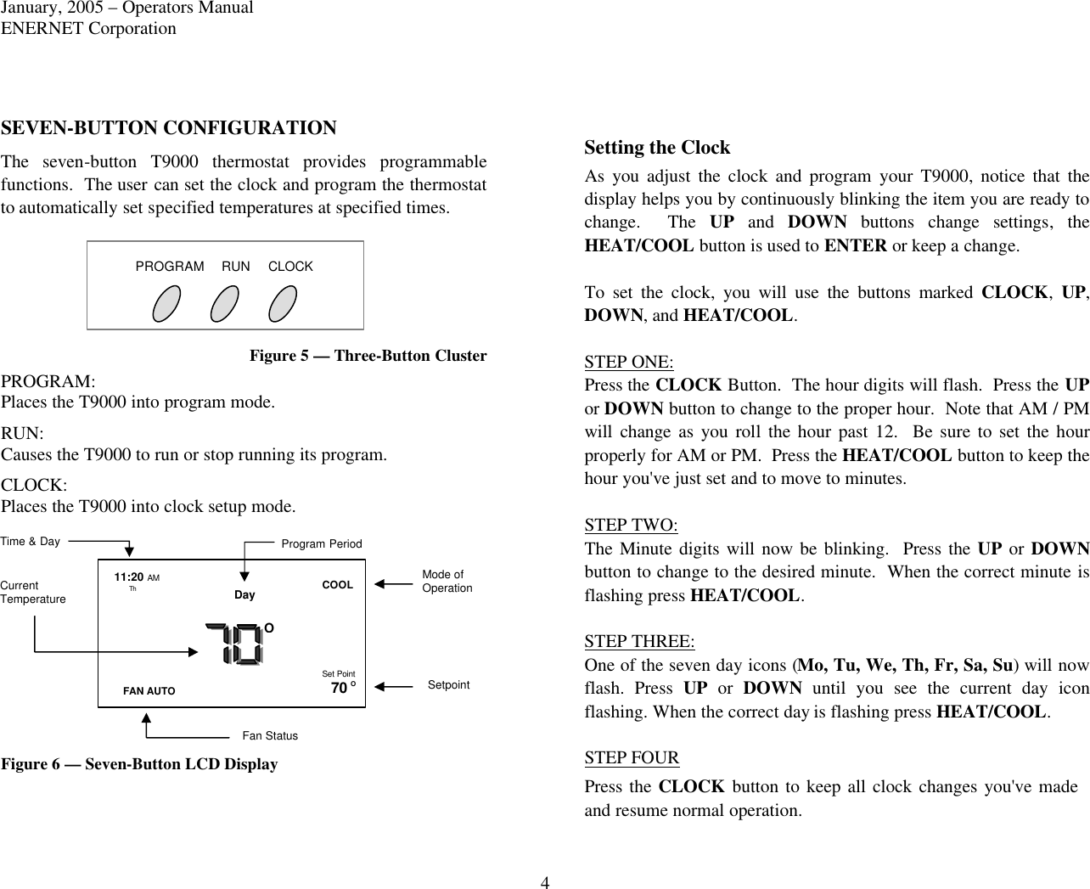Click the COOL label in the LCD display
(337, 585)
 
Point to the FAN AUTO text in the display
(149, 691)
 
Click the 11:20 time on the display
(128, 577)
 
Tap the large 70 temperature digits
(235, 644)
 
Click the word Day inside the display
(244, 595)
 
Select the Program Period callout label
(322, 543)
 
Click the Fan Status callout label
(270, 735)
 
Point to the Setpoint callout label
(448, 684)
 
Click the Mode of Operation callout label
(447, 582)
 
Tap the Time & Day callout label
(31, 541)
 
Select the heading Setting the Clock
(657, 148)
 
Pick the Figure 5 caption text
(368, 356)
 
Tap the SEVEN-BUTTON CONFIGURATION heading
(169, 128)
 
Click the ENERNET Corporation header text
(88, 28)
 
